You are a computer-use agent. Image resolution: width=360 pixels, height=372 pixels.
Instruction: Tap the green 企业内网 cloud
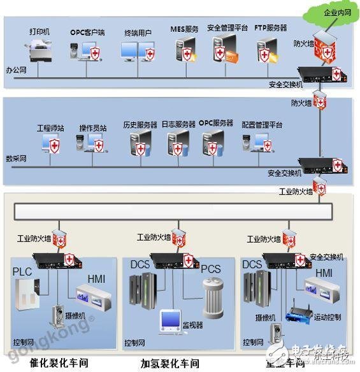(x=334, y=13)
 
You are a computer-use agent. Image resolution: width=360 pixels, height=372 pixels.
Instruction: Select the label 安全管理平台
(x=228, y=28)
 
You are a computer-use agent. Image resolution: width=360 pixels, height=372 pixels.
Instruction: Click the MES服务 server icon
(x=184, y=50)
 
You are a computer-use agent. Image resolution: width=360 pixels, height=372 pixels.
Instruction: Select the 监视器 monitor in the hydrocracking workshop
(x=171, y=321)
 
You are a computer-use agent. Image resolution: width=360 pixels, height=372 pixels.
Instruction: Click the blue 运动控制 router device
(x=298, y=315)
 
